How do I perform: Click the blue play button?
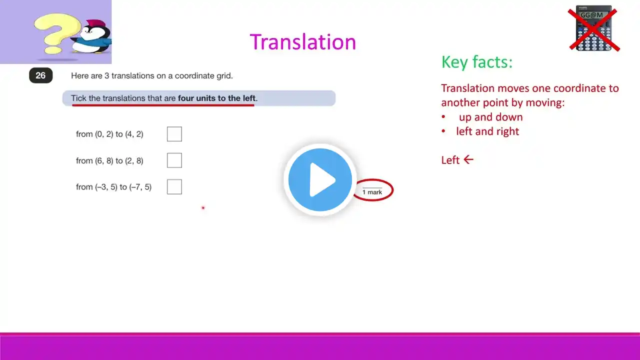(320, 179)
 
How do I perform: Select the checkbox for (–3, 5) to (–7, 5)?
(174, 187)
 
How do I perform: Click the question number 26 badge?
(41, 75)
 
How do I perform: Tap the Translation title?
(303, 41)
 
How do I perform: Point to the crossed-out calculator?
(593, 28)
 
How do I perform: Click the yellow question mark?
(57, 33)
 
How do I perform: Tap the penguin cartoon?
(92, 36)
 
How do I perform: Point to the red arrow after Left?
(468, 159)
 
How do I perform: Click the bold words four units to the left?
(216, 98)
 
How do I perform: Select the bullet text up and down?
(491, 117)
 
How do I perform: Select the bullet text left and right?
(487, 131)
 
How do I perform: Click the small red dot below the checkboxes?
(203, 207)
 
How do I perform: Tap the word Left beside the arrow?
(450, 160)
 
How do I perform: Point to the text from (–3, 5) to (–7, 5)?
(113, 187)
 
